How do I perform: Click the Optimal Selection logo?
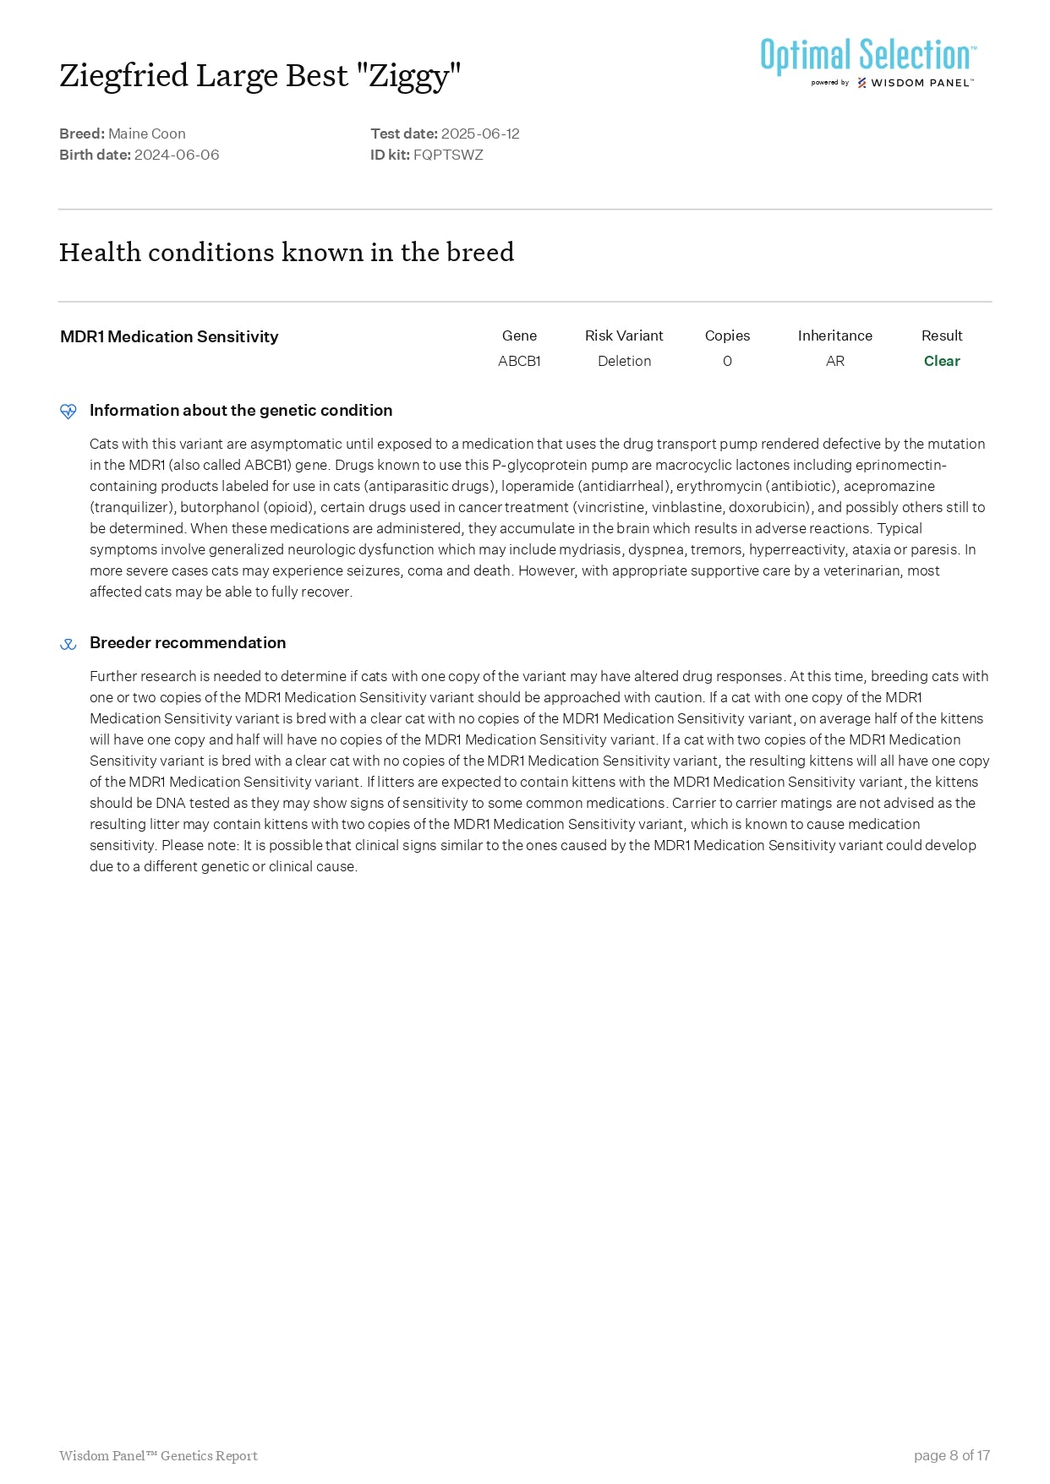tap(868, 61)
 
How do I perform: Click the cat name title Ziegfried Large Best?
tap(260, 76)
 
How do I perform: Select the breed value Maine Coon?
tap(147, 134)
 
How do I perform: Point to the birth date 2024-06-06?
tap(177, 155)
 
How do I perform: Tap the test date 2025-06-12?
tap(480, 134)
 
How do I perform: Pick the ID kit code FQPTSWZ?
tap(448, 155)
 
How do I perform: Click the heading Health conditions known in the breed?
tap(287, 252)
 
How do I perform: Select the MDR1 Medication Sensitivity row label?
tap(169, 336)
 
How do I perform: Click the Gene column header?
tap(519, 336)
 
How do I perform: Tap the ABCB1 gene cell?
tap(519, 361)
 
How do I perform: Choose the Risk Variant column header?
tap(624, 336)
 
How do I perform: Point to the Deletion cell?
tap(624, 361)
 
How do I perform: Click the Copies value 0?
tap(727, 361)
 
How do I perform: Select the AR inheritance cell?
tap(834, 361)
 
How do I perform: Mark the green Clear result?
tap(942, 361)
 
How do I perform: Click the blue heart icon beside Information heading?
tap(68, 412)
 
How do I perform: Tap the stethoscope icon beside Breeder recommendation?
tap(68, 644)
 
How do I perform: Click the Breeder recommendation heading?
tap(188, 642)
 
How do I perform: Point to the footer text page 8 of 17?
tap(951, 1455)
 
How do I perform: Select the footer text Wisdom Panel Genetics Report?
tap(158, 1455)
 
